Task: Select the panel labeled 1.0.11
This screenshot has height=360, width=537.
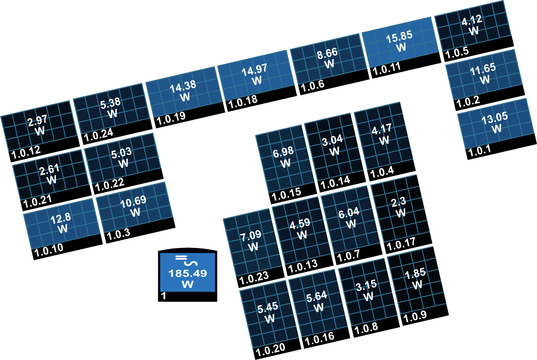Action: (401, 46)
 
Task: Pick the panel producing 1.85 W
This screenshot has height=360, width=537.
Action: (417, 284)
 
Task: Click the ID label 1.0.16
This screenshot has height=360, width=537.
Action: (319, 338)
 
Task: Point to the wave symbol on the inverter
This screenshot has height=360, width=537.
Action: (190, 263)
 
